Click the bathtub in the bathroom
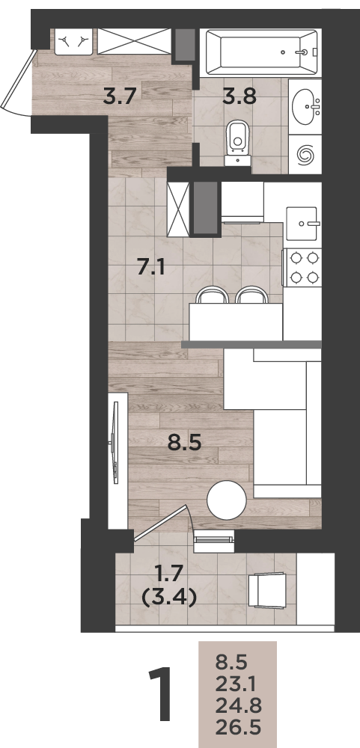click(260, 52)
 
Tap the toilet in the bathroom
click(237, 141)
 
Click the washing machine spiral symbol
click(305, 153)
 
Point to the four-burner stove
click(302, 268)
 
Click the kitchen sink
click(302, 223)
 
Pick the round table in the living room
click(227, 500)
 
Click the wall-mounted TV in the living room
click(115, 443)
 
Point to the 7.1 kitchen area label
click(151, 268)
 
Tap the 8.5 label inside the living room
click(185, 442)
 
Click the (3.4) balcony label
click(170, 597)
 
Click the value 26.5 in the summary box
click(238, 728)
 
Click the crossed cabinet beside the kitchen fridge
click(178, 209)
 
